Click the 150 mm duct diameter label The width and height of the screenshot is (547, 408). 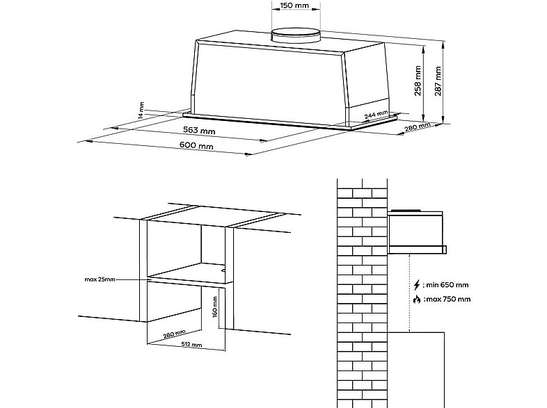(x=294, y=6)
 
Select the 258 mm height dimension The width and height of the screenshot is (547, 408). (x=418, y=81)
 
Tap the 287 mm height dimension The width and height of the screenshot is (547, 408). (x=438, y=81)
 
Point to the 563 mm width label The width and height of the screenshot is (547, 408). (x=199, y=130)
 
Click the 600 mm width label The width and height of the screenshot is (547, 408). (x=196, y=145)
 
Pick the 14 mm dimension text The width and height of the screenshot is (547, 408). (x=141, y=111)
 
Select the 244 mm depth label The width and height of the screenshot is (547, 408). (x=376, y=115)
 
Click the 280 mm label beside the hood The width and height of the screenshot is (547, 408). (x=418, y=127)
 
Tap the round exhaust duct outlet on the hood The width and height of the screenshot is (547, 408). (x=296, y=36)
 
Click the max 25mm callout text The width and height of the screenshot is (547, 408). (x=100, y=279)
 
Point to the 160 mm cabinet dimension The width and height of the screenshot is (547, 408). (x=215, y=307)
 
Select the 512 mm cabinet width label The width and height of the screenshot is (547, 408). (x=191, y=345)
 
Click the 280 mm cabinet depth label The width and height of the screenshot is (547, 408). (x=175, y=334)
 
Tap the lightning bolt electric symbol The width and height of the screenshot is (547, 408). (x=417, y=286)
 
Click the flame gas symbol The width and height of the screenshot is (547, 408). (x=417, y=300)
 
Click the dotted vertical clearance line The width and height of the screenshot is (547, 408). (x=409, y=293)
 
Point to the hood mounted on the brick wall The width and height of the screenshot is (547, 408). (x=417, y=231)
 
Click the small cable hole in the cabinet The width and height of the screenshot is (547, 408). (x=223, y=268)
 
